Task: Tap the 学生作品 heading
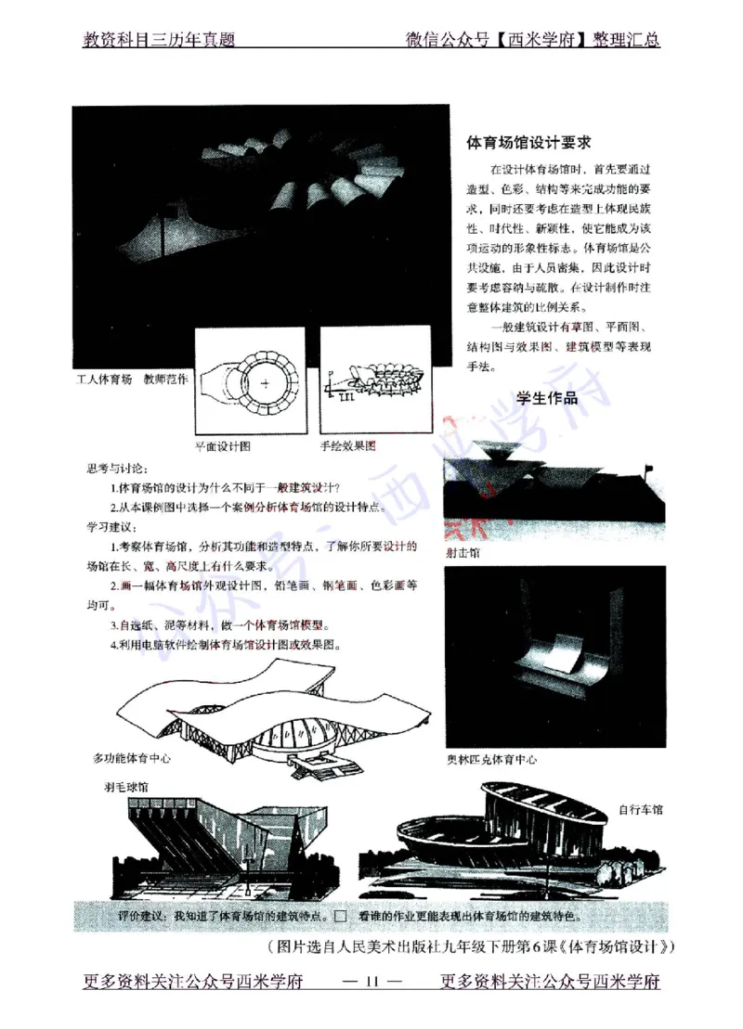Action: point(547,399)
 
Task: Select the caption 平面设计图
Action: point(223,445)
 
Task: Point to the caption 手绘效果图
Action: point(348,445)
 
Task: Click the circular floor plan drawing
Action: point(250,381)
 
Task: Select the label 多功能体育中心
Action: point(137,757)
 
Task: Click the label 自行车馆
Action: point(641,809)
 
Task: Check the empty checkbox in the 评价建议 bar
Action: point(340,917)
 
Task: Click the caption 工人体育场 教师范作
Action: point(132,379)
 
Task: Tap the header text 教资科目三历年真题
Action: point(159,41)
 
